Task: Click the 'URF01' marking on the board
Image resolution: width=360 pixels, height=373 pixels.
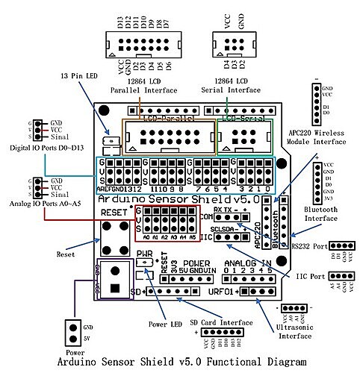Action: [222, 290]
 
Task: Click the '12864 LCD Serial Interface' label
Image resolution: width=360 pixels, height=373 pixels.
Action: [232, 85]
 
